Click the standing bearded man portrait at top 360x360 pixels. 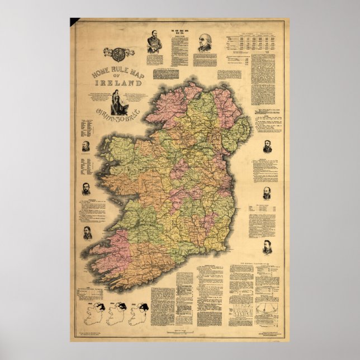pos(154,41)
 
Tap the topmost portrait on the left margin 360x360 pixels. pos(87,146)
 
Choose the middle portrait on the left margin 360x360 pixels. pos(87,188)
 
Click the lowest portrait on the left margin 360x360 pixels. pos(88,233)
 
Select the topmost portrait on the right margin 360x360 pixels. pos(267,146)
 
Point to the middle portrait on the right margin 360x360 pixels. pos(267,193)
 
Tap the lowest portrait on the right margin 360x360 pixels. pos(267,247)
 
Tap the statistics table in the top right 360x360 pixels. pos(254,45)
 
